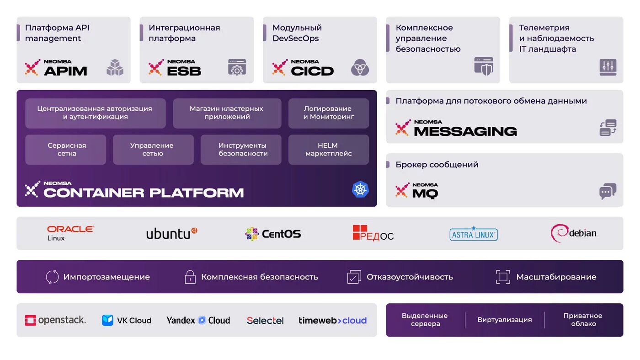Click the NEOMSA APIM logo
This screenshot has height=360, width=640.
56,68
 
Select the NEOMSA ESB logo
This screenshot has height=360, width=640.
175,68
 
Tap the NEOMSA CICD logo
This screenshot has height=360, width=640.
303,68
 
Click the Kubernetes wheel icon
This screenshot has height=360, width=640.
360,189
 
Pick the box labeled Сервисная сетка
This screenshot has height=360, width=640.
66,150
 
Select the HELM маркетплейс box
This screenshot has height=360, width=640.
328,150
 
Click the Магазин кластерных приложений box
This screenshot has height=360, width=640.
227,113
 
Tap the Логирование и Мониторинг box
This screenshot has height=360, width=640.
328,113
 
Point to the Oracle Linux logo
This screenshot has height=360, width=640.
70,233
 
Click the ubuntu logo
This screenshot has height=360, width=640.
171,233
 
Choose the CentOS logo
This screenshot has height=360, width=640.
273,234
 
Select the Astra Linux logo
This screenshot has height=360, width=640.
473,234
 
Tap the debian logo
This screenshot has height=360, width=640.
574,233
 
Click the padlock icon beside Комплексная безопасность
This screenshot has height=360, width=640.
190,277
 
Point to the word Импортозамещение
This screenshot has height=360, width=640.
107,277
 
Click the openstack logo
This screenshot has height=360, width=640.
55,320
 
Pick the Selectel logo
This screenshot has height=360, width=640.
265,321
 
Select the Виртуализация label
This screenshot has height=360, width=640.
504,320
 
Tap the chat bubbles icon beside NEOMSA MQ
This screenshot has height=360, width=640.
608,191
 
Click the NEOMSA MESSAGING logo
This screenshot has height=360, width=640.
456,129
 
